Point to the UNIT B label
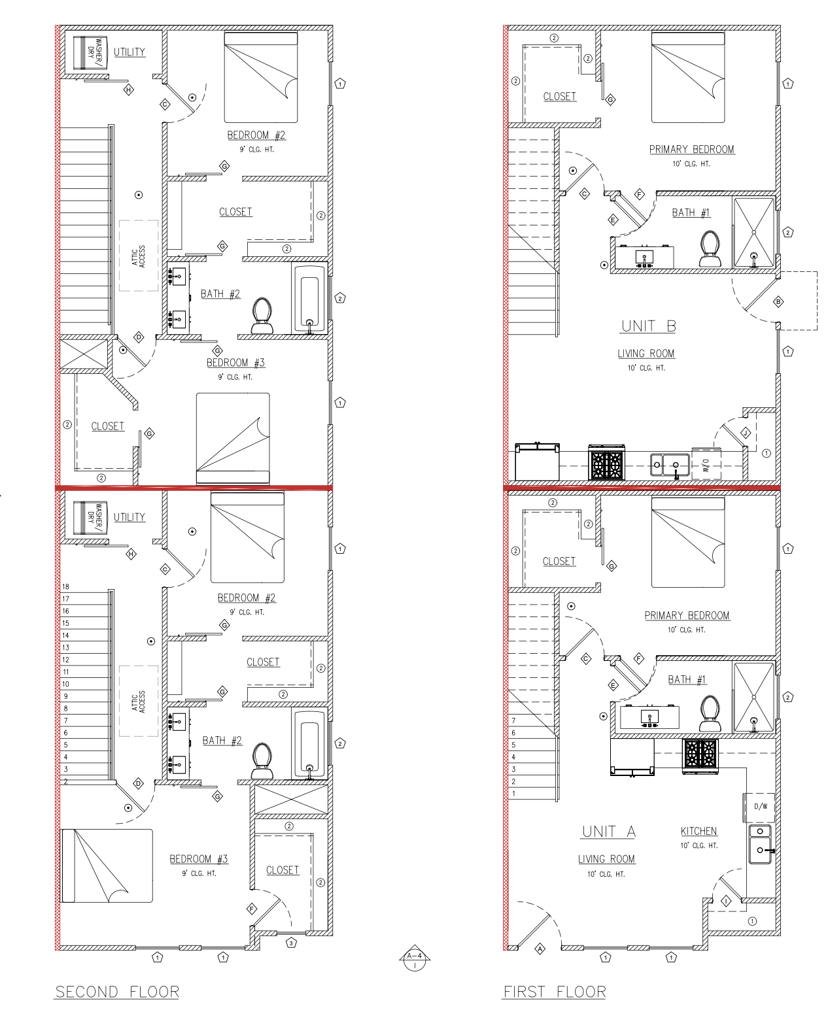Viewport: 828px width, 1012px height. tap(649, 326)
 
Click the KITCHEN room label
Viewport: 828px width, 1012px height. tap(699, 831)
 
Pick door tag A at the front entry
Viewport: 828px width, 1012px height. tap(540, 949)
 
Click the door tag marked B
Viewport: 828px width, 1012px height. tap(778, 302)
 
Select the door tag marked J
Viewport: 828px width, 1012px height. tap(746, 433)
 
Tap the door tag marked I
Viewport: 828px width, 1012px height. tap(726, 902)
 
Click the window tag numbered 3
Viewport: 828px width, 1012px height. tap(291, 943)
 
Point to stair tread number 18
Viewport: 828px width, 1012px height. tap(66, 586)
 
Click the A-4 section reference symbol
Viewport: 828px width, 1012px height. tap(415, 958)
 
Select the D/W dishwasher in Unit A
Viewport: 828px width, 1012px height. tap(760, 806)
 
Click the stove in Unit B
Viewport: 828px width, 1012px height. tap(607, 462)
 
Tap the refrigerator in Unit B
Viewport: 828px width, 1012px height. tap(537, 462)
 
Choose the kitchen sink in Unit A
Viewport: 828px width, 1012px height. tap(761, 843)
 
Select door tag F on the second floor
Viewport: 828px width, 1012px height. tap(252, 908)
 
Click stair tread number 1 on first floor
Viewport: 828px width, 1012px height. tap(513, 793)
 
